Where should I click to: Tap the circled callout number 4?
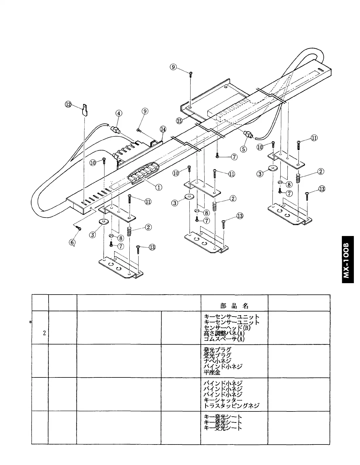[119, 113]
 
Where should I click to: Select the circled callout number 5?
[244, 149]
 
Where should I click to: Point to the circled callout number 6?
[72, 242]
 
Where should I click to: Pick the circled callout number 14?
[163, 129]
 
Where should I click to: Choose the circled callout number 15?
[180, 120]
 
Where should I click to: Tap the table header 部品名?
[234, 306]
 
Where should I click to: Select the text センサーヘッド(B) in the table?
[227, 328]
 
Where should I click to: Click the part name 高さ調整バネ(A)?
[224, 333]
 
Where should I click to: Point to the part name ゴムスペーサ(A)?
[224, 339]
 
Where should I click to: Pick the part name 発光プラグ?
[217, 350]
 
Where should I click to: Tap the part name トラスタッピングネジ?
[232, 406]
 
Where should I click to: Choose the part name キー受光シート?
[223, 428]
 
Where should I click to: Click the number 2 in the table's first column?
[44, 333]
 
